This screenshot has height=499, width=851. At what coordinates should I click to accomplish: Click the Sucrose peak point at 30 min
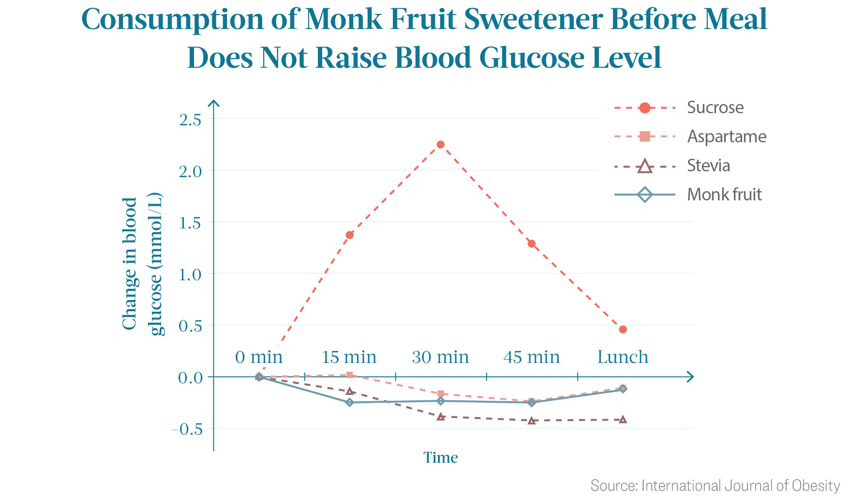[x=440, y=144]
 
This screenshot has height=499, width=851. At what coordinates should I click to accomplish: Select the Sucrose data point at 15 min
[x=350, y=235]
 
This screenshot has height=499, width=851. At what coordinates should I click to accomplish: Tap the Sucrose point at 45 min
[x=532, y=243]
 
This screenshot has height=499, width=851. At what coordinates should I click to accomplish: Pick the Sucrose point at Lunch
[x=623, y=329]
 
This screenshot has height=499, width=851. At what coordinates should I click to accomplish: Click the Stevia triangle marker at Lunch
[x=623, y=419]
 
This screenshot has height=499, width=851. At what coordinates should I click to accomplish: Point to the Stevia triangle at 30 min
[x=440, y=416]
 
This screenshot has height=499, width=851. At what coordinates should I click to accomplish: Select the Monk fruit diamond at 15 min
[x=350, y=402]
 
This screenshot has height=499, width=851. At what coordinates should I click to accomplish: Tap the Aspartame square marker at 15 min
[x=350, y=375]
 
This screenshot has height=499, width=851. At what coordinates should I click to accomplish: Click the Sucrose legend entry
[x=679, y=107]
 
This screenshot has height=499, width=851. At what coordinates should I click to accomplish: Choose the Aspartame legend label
[x=727, y=136]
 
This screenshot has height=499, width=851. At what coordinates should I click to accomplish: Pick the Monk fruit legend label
[x=724, y=195]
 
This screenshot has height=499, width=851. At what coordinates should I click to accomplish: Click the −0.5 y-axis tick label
[x=187, y=429]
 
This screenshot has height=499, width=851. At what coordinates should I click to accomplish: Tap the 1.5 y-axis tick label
[x=190, y=222]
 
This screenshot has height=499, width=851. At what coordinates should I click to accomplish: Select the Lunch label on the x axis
[x=623, y=357]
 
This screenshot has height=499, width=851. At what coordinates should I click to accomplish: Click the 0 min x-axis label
[x=259, y=357]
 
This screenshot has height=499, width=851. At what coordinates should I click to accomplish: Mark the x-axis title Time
[x=440, y=457]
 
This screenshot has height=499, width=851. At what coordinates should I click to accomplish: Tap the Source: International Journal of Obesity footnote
[x=715, y=485]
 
